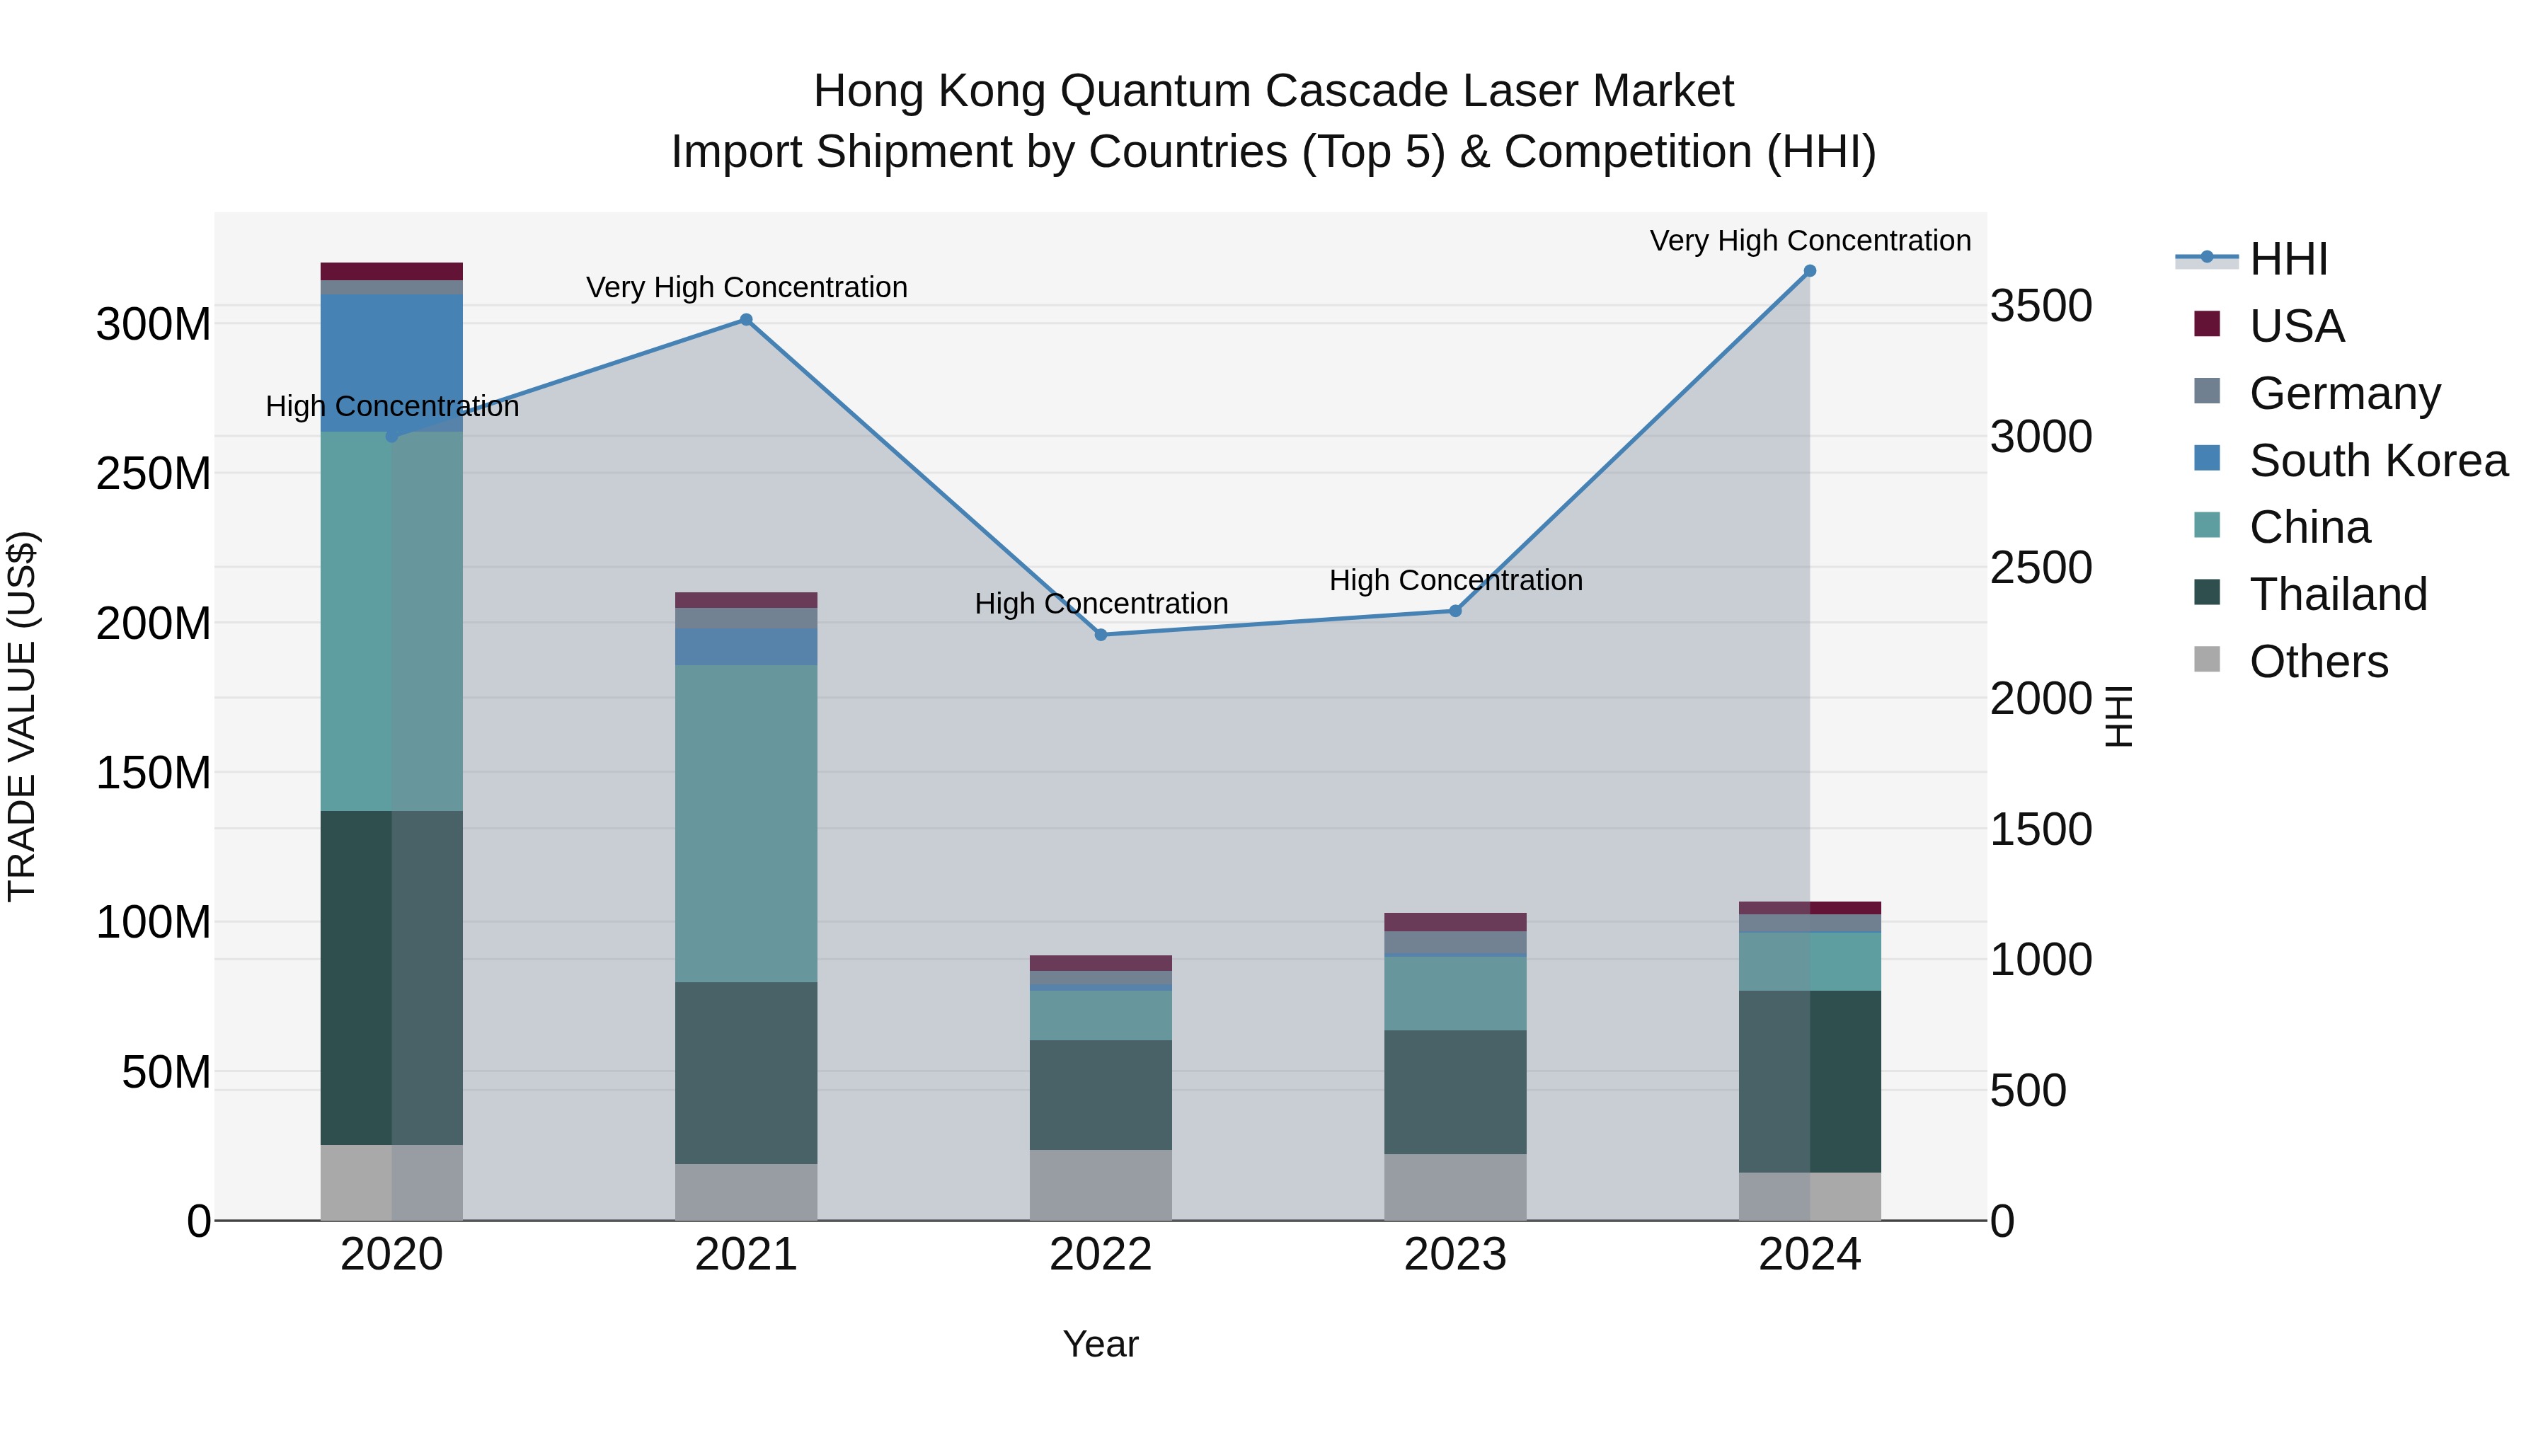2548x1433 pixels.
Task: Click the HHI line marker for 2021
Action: (x=746, y=319)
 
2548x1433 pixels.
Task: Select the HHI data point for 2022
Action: (x=1101, y=635)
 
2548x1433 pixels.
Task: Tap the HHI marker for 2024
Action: (x=1810, y=271)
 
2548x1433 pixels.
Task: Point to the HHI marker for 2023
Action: (x=1455, y=611)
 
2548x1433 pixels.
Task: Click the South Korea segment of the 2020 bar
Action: (x=391, y=362)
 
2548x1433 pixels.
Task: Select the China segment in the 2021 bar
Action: (x=746, y=823)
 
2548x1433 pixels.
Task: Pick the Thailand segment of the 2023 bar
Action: (x=1455, y=1092)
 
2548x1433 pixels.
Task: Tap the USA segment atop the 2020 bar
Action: (x=391, y=271)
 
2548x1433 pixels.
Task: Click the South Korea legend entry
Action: (x=2378, y=460)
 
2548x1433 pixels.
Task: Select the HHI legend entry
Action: (x=2288, y=259)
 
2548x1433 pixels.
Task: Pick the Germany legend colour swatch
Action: (x=2207, y=391)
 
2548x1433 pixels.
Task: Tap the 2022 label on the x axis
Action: (x=1101, y=1255)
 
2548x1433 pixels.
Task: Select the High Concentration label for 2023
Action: (x=1455, y=580)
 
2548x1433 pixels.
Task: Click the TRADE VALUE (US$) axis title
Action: (x=22, y=716)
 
